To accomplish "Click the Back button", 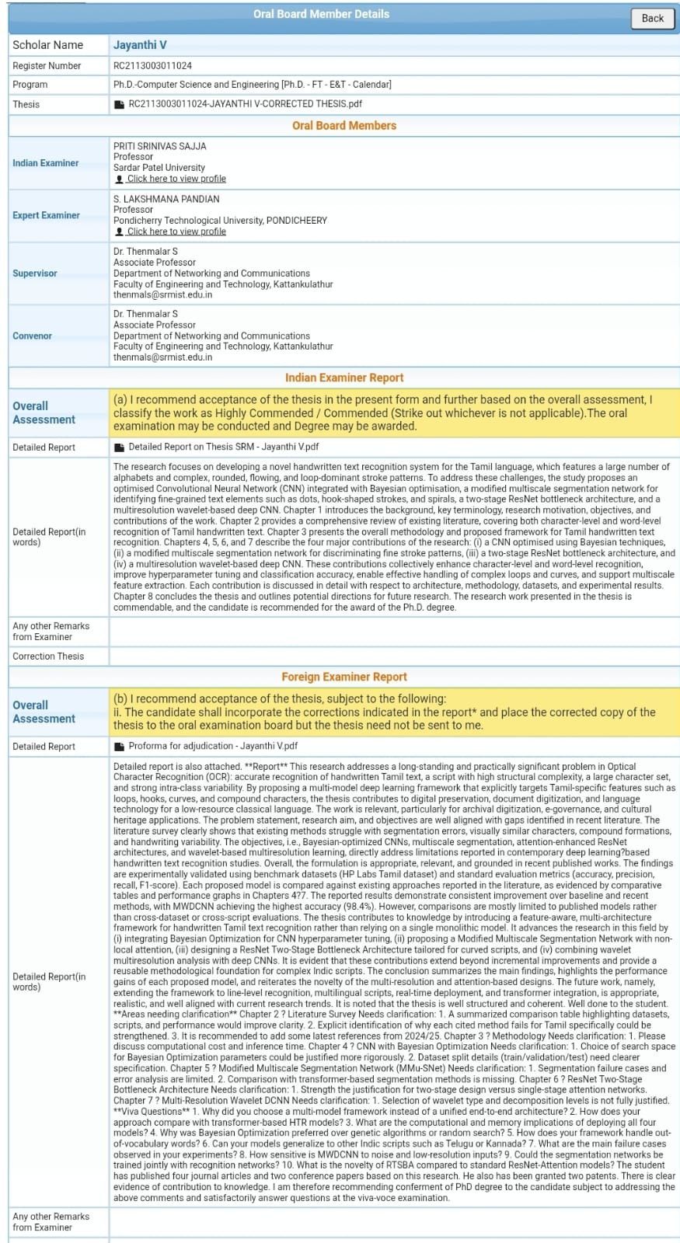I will click(x=652, y=18).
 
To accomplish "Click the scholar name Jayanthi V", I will click(x=140, y=45).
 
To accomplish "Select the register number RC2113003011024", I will click(x=152, y=66).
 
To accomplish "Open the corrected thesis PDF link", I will click(x=244, y=103).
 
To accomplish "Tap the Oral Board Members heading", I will click(x=343, y=125).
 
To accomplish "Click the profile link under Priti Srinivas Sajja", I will click(x=176, y=179).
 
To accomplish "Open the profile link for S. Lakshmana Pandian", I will click(x=176, y=232).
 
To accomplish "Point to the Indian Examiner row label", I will click(x=45, y=163).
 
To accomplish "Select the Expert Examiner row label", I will click(x=46, y=215).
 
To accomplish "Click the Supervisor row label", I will click(x=35, y=273).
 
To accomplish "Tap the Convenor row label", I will click(x=33, y=336).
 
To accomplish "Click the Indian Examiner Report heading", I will click(x=343, y=378).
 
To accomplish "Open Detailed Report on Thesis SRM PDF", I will click(x=223, y=447).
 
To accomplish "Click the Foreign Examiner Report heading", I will click(x=343, y=677).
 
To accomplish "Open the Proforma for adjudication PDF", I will click(x=212, y=746).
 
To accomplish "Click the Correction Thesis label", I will click(x=48, y=656).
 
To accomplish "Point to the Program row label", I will click(x=30, y=85).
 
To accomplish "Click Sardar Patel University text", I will click(x=159, y=168).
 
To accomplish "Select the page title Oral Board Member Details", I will click(x=321, y=14).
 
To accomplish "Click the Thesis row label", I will click(x=26, y=104).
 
